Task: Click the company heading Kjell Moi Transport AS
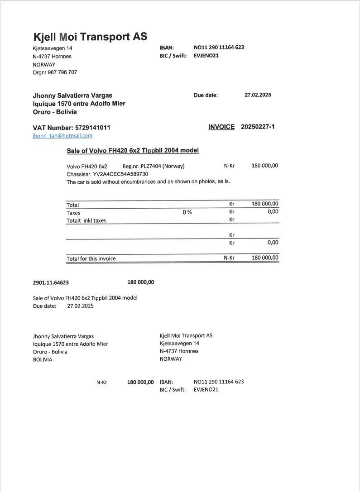pyautogui.click(x=90, y=37)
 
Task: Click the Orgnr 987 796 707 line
pyautogui.click(x=55, y=72)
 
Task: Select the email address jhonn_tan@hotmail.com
pyautogui.click(x=62, y=136)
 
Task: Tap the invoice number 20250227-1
pyautogui.click(x=258, y=127)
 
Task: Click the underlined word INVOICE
pyautogui.click(x=221, y=127)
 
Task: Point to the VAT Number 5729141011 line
pyautogui.click(x=72, y=128)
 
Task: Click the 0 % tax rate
pyautogui.click(x=187, y=212)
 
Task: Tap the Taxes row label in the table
pyautogui.click(x=73, y=213)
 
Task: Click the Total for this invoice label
pyautogui.click(x=91, y=258)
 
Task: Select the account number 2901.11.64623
pyautogui.click(x=51, y=282)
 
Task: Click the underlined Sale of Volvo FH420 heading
pyautogui.click(x=133, y=150)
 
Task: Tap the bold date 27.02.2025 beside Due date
pyautogui.click(x=258, y=95)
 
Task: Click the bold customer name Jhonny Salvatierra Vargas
pyautogui.click(x=72, y=96)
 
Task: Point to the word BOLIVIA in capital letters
pyautogui.click(x=43, y=359)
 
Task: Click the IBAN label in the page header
pyautogui.click(x=167, y=48)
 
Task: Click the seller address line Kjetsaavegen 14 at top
pyautogui.click(x=52, y=48)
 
